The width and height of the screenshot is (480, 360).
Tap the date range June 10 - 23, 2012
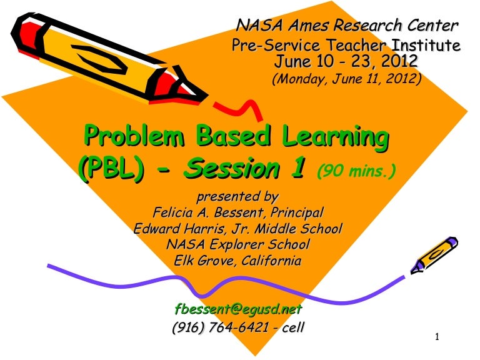346,61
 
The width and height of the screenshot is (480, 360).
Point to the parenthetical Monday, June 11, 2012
346,79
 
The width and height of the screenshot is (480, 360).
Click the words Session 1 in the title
247,167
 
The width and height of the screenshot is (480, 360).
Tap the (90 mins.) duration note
356,170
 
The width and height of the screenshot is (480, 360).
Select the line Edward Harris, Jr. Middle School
238,229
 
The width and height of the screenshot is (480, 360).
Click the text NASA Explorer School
237,244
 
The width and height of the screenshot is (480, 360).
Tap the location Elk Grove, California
237,261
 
